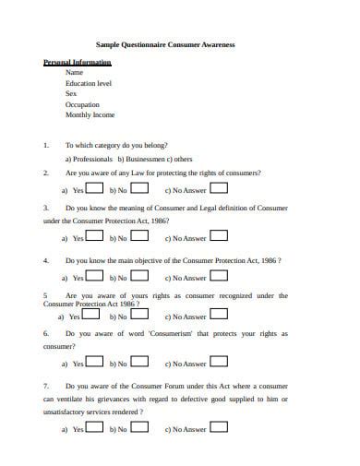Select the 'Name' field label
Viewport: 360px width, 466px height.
pos(75,72)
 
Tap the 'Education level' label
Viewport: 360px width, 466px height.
pos(88,83)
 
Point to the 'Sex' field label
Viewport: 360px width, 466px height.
pos(71,94)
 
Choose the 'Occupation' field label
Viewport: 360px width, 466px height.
pos(82,105)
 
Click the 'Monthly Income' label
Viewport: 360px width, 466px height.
pos(90,115)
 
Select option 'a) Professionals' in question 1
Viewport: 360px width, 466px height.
pos(87,159)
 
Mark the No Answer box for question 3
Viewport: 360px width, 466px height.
pos(219,236)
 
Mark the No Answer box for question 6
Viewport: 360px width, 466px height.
pos(219,363)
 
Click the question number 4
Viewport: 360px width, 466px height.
pos(46,261)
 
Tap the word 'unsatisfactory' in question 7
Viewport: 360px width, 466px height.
pos(66,412)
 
